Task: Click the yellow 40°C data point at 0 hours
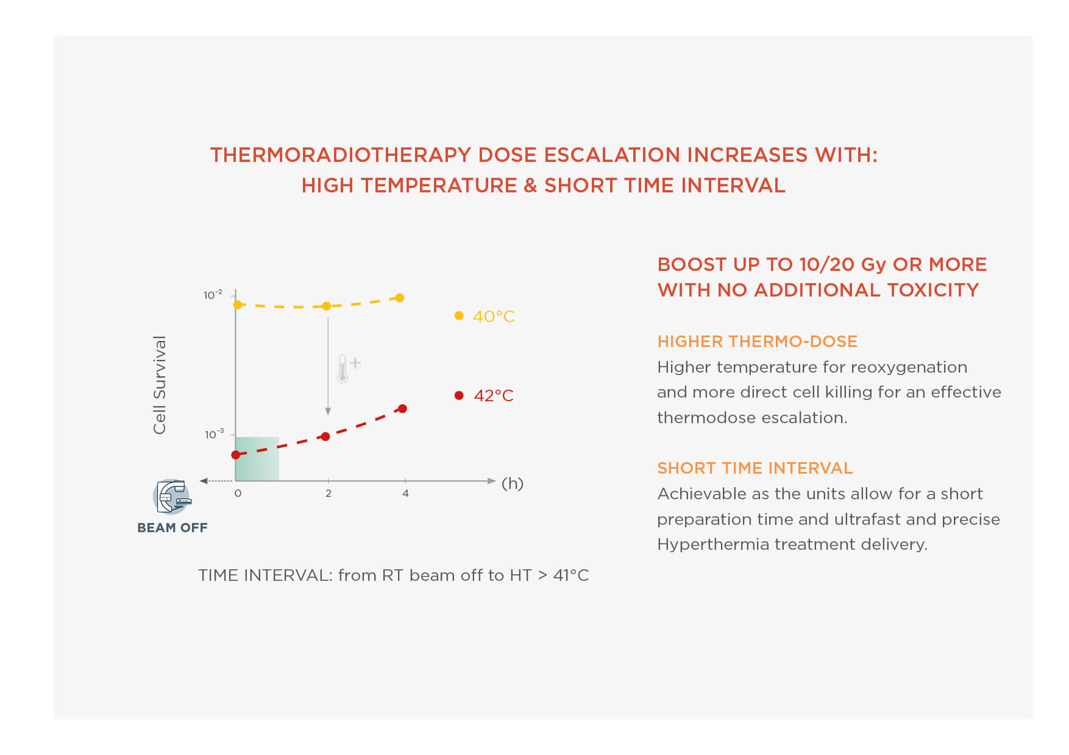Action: [x=238, y=304]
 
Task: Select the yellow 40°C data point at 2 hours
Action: [x=327, y=306]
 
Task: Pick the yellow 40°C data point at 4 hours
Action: [x=400, y=298]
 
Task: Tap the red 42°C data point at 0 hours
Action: [x=236, y=455]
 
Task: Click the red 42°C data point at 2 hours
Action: [x=325, y=437]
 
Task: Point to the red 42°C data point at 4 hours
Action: [x=402, y=409]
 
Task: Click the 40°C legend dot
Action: [x=459, y=315]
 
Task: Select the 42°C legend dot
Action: [x=459, y=395]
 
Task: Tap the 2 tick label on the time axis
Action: [x=329, y=493]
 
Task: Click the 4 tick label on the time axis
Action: [x=405, y=493]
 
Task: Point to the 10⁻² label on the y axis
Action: [x=213, y=295]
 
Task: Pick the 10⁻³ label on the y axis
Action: [x=214, y=434]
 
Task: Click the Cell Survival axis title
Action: [x=160, y=385]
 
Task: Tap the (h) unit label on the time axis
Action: [x=513, y=483]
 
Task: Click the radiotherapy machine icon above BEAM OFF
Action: [x=172, y=496]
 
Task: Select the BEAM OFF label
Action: [x=172, y=528]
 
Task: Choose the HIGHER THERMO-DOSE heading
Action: [x=757, y=342]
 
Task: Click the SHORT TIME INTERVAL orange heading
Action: [x=755, y=468]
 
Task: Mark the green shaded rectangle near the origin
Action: [x=257, y=458]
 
